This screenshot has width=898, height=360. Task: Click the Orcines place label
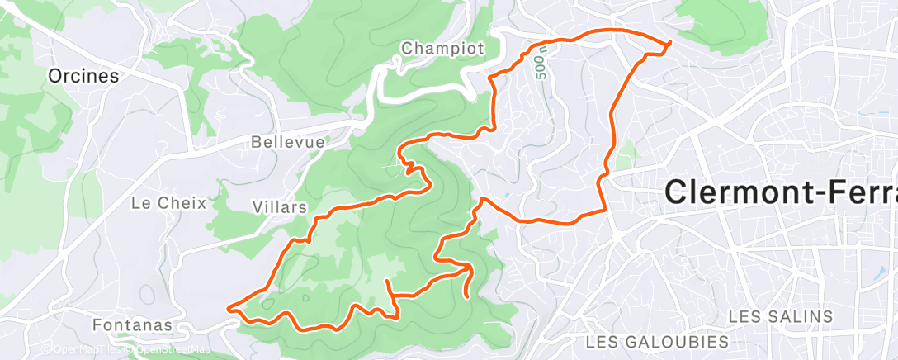pyautogui.click(x=83, y=76)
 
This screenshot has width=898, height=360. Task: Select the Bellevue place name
pyautogui.click(x=288, y=143)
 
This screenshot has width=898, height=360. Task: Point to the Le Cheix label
pyautogui.click(x=168, y=201)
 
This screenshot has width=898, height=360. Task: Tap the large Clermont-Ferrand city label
pyautogui.click(x=780, y=193)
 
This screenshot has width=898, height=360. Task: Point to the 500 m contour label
pyautogui.click(x=541, y=64)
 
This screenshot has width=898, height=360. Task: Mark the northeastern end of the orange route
pyautogui.click(x=669, y=42)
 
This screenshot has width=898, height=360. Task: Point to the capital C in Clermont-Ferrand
pyautogui.click(x=677, y=193)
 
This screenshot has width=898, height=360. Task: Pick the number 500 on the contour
pyautogui.click(x=541, y=67)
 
